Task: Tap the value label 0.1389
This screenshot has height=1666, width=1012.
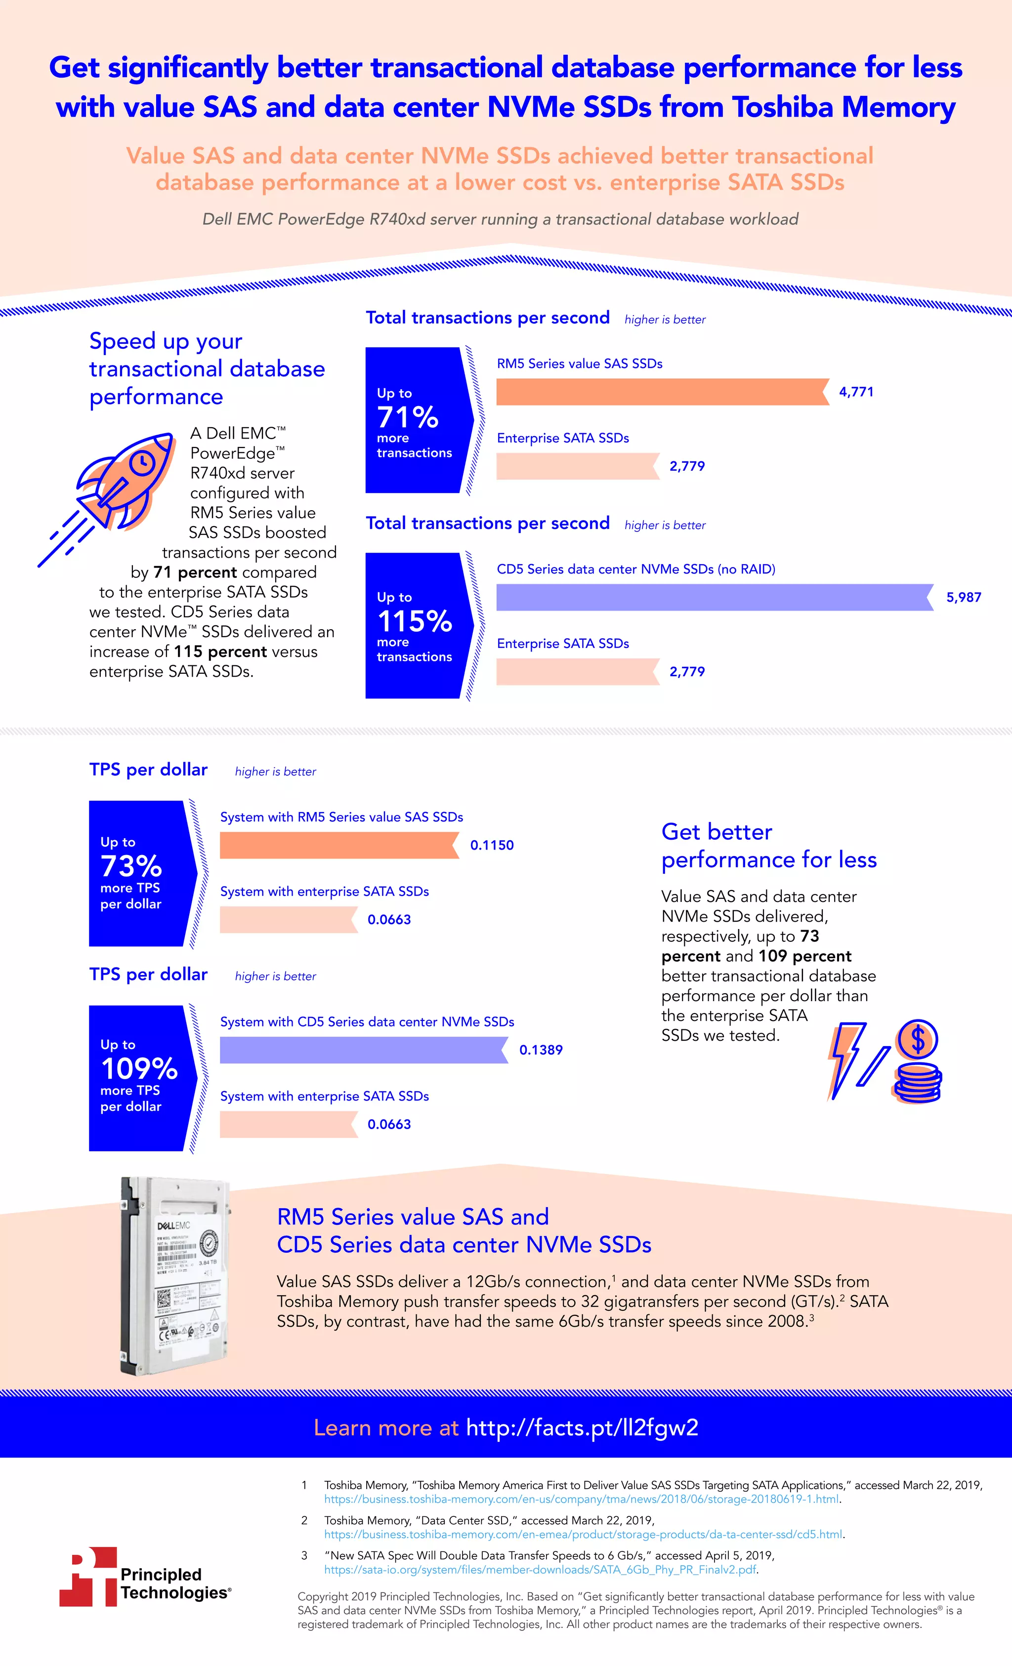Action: [541, 1050]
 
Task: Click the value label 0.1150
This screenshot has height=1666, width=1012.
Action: [492, 845]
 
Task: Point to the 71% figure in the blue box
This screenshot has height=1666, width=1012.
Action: [408, 417]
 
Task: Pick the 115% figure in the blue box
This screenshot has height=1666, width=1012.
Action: [414, 621]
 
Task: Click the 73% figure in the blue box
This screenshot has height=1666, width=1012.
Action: [131, 866]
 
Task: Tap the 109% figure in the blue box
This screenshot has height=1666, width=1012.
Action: [139, 1069]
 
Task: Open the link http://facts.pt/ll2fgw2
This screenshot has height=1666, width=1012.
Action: [582, 1428]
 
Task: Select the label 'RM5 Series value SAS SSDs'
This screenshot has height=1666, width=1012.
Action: [579, 364]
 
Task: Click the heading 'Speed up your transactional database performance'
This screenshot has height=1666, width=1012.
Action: [207, 368]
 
